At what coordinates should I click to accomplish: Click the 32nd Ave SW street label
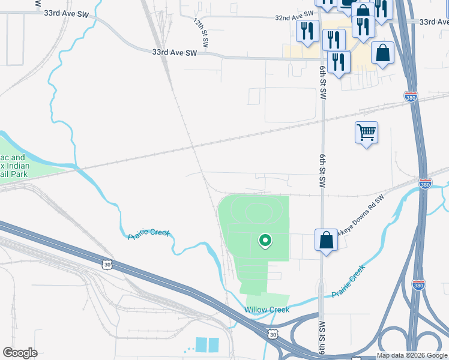click(x=295, y=17)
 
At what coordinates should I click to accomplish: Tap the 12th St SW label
click(x=200, y=32)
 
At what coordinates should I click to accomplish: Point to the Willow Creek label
click(x=267, y=310)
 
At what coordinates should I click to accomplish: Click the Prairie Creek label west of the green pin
click(x=148, y=233)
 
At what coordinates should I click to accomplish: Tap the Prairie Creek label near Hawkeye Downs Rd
click(x=348, y=281)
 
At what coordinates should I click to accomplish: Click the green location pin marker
click(x=264, y=241)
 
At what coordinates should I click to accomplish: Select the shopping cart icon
click(x=366, y=133)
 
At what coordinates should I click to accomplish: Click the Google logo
click(x=20, y=353)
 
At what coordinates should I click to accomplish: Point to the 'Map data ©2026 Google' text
click(x=412, y=355)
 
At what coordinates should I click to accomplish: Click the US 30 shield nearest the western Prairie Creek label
click(x=107, y=264)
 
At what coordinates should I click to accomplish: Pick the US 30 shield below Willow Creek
click(x=273, y=333)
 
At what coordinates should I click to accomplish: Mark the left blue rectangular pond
click(x=200, y=345)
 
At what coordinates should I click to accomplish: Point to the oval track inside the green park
click(x=259, y=212)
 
